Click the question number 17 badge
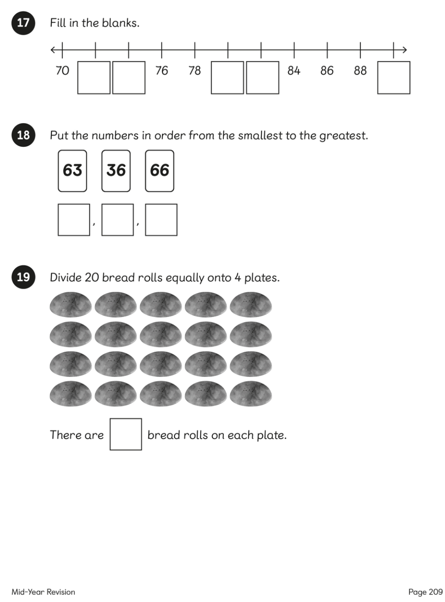point(23,23)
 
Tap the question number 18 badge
point(23,135)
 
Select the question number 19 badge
point(23,277)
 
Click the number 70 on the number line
point(62,70)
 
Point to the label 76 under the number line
point(162,70)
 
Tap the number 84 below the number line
point(294,70)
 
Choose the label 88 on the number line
point(360,70)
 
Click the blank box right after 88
point(394,78)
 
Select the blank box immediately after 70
point(94,78)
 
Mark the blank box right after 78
point(228,78)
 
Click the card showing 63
point(72,171)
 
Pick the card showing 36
point(116,171)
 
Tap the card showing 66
point(159,171)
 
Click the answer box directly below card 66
point(161,220)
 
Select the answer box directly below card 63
point(74,220)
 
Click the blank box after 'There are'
point(126,434)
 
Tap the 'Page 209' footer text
point(425,591)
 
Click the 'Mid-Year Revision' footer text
point(43,591)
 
